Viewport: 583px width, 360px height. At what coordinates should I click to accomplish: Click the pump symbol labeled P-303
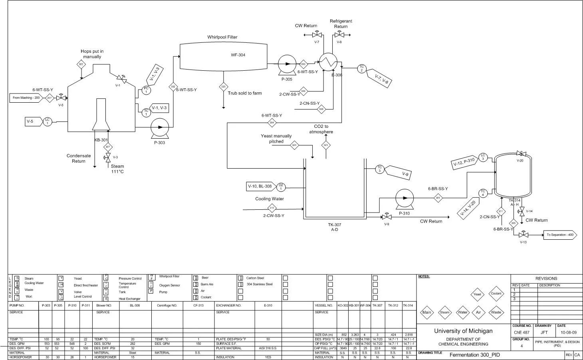160,127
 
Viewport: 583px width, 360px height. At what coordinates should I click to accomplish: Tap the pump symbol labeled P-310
405,198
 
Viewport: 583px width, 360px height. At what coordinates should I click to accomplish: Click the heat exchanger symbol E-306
328,62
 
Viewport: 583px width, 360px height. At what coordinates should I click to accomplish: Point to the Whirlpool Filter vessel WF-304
223,56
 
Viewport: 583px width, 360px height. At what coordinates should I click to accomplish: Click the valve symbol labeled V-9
386,217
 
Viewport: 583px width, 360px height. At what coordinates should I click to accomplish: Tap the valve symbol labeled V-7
316,35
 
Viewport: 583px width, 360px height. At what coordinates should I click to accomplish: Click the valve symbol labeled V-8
339,35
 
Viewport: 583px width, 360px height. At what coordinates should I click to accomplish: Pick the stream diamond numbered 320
223,87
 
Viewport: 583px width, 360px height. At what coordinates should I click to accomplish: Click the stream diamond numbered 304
272,123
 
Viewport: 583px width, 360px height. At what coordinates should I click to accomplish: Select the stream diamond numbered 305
438,198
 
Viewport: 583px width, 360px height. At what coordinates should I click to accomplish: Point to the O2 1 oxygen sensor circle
281,187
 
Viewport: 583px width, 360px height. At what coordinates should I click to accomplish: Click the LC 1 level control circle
47,121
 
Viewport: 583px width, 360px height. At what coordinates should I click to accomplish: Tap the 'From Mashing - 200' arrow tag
26,98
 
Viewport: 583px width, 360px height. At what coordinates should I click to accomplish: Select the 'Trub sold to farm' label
245,93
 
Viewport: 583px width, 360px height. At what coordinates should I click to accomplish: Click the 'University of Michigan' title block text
463,331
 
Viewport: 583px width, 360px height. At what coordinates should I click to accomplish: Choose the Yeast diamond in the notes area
477,294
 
